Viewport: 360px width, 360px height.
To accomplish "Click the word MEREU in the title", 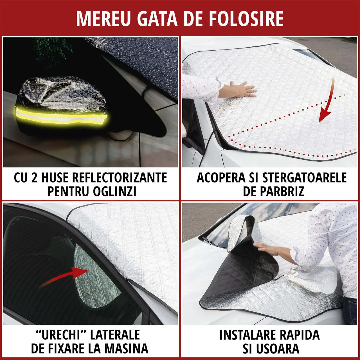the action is [x=103, y=19].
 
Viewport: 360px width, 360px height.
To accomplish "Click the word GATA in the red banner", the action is [x=157, y=19].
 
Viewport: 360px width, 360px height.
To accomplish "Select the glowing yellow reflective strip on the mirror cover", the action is [x=61, y=116].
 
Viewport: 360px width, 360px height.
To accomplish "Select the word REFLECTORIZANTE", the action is [x=120, y=178].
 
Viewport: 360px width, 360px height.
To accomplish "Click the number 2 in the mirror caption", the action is [x=34, y=178].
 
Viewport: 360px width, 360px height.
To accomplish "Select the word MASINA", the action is [x=127, y=348].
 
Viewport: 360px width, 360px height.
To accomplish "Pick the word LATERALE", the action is [x=115, y=335].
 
